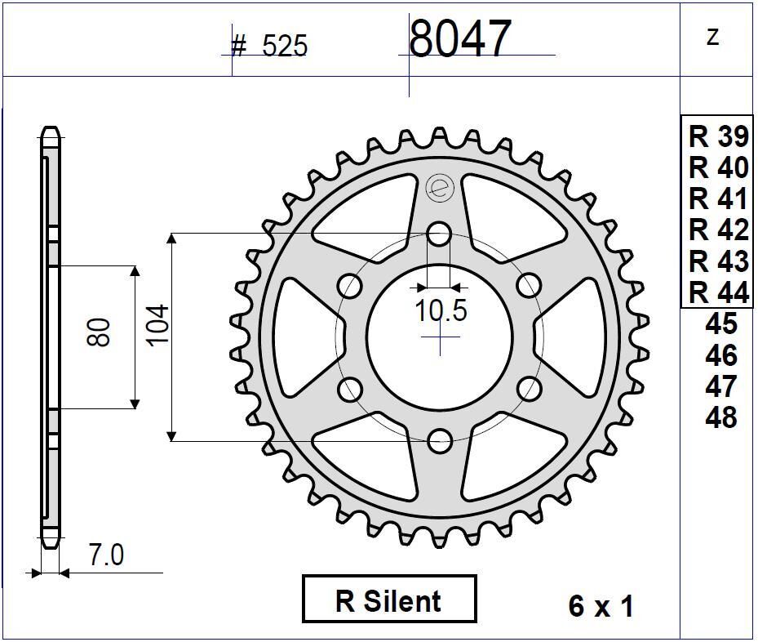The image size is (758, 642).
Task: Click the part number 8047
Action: pyautogui.click(x=459, y=38)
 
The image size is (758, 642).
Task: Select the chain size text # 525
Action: pyautogui.click(x=270, y=47)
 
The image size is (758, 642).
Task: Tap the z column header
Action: pyautogui.click(x=713, y=37)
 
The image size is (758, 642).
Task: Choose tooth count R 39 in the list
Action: pyautogui.click(x=718, y=136)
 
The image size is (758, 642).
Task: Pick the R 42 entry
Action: pyautogui.click(x=718, y=230)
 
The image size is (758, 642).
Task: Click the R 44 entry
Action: pyautogui.click(x=718, y=292)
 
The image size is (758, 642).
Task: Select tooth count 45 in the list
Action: pyautogui.click(x=720, y=323)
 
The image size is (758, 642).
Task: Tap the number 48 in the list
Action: pyautogui.click(x=720, y=417)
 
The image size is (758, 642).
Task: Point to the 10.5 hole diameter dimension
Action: pyautogui.click(x=441, y=311)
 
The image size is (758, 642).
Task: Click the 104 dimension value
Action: pyautogui.click(x=158, y=324)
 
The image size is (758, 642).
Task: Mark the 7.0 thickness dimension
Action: pyautogui.click(x=106, y=555)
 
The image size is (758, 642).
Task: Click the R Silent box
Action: pyautogui.click(x=389, y=600)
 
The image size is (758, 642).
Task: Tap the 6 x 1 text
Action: pyautogui.click(x=601, y=606)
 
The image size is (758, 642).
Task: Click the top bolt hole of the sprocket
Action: pyautogui.click(x=440, y=234)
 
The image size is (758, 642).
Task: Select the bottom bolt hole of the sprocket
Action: pyautogui.click(x=440, y=441)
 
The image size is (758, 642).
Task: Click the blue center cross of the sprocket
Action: pyautogui.click(x=440, y=338)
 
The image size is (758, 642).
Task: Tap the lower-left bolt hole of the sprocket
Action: pyautogui.click(x=350, y=389)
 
